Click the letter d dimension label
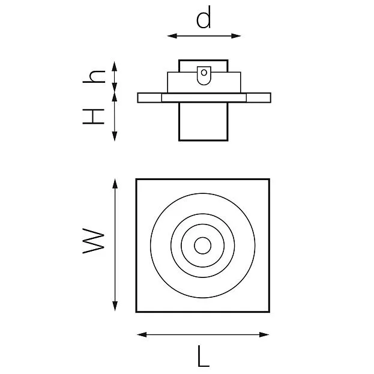(204, 17)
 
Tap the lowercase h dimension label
(94, 77)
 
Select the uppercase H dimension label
(94, 116)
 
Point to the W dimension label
(94, 241)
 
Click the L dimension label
(204, 357)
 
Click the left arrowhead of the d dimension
(172, 36)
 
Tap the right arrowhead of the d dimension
(236, 36)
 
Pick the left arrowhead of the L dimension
(142, 334)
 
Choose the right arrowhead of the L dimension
(264, 334)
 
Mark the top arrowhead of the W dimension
(115, 184)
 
